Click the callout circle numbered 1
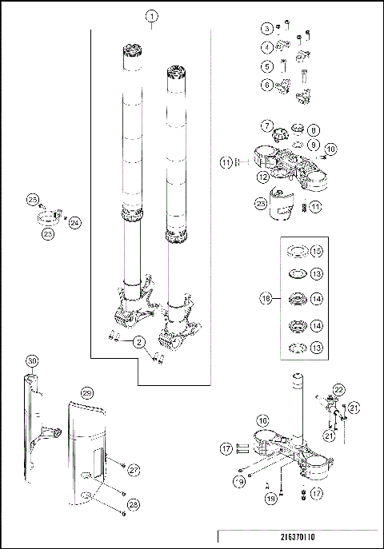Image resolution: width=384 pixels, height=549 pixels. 152,16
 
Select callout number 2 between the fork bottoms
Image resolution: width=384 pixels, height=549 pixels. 139,342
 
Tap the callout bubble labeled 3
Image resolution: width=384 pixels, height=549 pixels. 266,29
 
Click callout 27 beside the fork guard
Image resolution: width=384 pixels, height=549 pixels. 134,471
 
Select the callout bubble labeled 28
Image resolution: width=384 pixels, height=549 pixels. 134,504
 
